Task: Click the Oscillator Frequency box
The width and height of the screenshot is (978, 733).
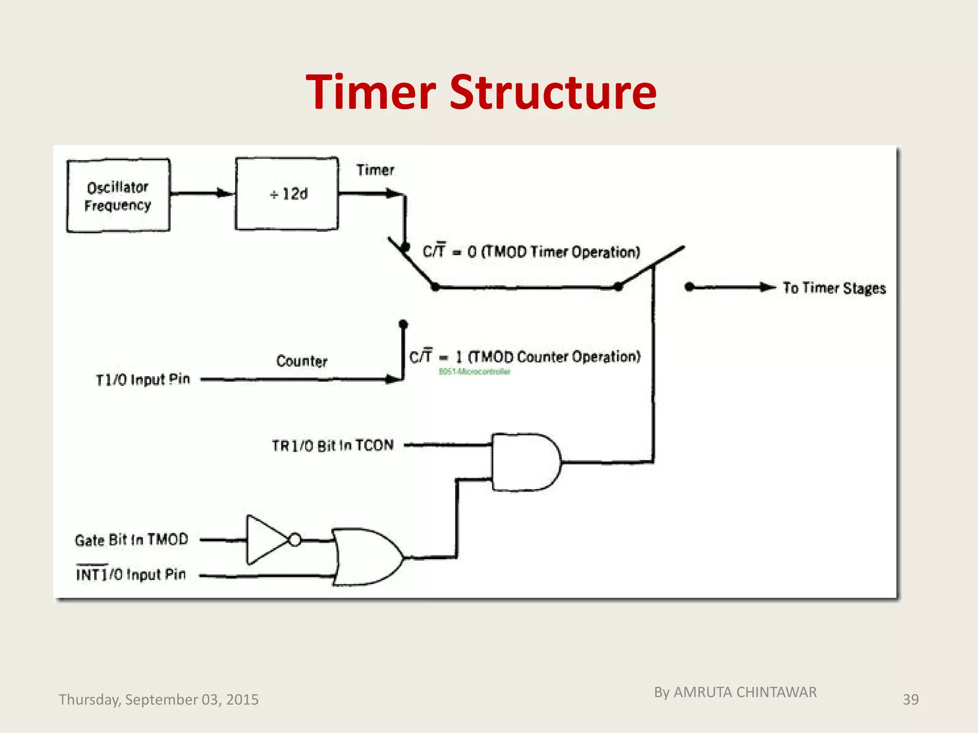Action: (118, 196)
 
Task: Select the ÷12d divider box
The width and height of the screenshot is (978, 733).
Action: (287, 194)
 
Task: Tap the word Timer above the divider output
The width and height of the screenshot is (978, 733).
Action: (375, 170)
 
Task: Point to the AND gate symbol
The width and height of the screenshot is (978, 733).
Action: (525, 462)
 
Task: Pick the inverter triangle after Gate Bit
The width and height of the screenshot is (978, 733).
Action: (265, 540)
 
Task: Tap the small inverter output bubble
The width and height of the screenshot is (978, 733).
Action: (295, 540)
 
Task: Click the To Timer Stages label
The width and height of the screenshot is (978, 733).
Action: (834, 288)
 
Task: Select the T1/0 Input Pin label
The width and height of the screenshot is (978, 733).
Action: (143, 380)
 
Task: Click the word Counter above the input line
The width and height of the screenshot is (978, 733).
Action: (302, 361)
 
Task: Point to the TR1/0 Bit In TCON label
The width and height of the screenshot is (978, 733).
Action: (333, 445)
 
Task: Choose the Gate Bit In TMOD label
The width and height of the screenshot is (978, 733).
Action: (131, 540)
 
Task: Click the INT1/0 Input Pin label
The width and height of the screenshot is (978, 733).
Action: (131, 574)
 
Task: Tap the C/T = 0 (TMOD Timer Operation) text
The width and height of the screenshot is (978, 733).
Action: (531, 251)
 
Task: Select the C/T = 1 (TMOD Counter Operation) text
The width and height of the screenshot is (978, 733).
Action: (525, 356)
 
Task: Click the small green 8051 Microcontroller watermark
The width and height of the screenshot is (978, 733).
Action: (474, 372)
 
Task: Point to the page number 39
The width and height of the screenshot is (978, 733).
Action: (910, 700)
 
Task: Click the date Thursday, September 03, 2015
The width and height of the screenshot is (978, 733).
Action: (159, 700)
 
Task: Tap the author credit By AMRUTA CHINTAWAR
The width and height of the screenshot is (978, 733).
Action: (735, 692)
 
